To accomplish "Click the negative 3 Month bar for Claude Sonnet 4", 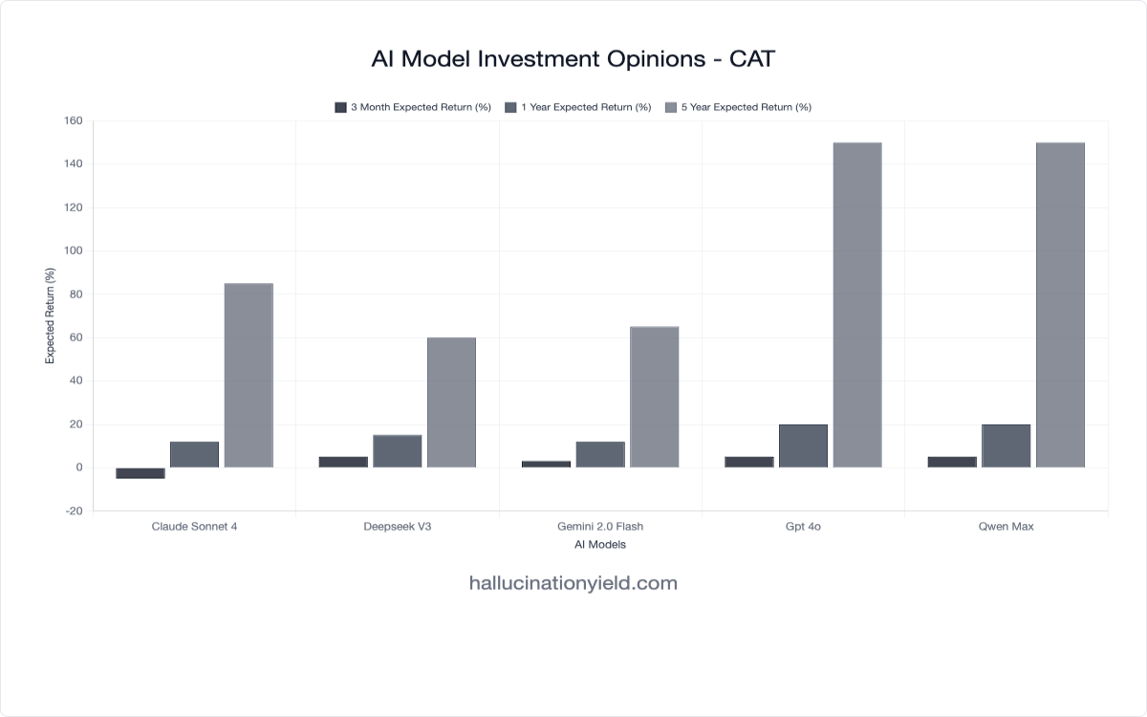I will [x=141, y=472].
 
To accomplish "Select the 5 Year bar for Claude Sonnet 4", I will [x=249, y=375].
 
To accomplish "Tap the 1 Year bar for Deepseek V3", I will [x=398, y=451].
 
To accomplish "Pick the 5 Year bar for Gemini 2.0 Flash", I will [x=655, y=397].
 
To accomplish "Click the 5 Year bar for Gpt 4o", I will [x=857, y=305].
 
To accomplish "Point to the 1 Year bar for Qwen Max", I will [x=1006, y=445].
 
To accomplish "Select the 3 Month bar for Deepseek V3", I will [x=343, y=462].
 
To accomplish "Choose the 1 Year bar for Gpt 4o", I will [x=803, y=445].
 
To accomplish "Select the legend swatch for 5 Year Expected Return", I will [x=671, y=107].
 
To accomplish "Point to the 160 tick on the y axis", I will [x=74, y=121].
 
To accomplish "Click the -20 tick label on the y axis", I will [x=74, y=511].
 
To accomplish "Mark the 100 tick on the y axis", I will [x=74, y=251].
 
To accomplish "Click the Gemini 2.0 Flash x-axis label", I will [x=600, y=527].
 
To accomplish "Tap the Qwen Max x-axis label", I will [x=1006, y=527].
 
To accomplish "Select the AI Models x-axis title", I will [x=600, y=545].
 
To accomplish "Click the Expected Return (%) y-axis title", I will [x=51, y=315].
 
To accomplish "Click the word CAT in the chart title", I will [x=752, y=59].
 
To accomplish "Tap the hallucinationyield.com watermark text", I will [x=573, y=583].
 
